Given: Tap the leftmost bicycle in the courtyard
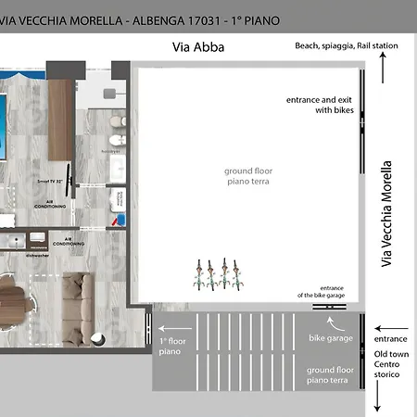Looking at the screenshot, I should point(197,274).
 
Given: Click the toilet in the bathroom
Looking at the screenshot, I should point(113,122).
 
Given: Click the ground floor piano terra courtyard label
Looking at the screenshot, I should point(246,176).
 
